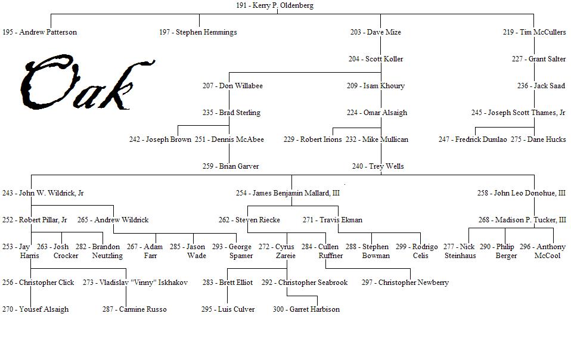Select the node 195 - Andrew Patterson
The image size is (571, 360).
pos(40,32)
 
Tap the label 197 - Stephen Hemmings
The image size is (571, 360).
pos(198,32)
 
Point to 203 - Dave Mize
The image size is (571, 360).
pos(376,32)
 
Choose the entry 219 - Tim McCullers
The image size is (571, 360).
pos(534,32)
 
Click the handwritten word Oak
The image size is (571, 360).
pos(83,83)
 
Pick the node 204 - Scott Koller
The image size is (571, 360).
pos(376,59)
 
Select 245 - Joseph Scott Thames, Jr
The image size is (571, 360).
pos(518,113)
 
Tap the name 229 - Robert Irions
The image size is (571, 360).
pos(312,139)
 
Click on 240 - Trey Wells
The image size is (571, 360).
pos(377,166)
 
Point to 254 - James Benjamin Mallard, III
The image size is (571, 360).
pos(287,193)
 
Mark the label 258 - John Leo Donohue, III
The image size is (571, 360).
pos(521,193)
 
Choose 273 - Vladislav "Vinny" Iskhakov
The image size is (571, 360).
pos(135,283)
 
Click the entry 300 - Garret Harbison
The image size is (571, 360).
pos(306,309)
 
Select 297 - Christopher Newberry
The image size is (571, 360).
pos(405,283)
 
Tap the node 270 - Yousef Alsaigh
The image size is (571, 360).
pos(35,309)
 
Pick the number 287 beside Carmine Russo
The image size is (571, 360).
pos(108,309)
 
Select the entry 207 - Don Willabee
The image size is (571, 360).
pos(232,86)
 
